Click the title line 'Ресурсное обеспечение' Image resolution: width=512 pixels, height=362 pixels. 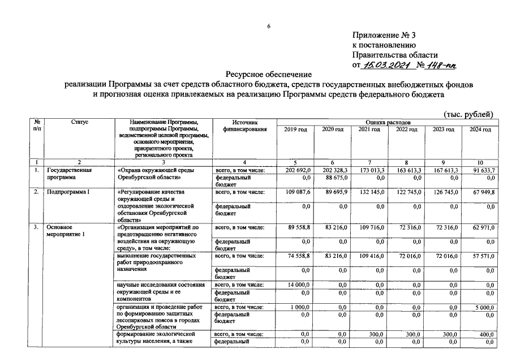coord(269,74)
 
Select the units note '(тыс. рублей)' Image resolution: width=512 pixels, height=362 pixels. coord(469,114)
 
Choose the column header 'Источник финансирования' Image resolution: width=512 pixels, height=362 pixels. coord(244,126)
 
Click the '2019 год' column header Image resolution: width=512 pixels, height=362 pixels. coord(295,130)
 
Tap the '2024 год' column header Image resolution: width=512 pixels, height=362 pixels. coord(479,130)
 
